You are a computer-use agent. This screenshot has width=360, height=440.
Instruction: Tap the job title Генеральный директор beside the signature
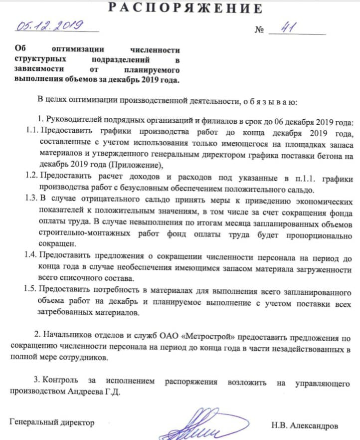coord(52,422)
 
